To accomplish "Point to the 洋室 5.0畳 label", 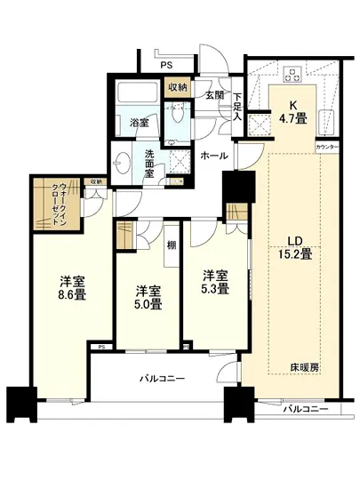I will click(x=148, y=297).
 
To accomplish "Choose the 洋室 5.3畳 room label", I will click(x=215, y=281).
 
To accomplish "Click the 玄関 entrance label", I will click(x=214, y=95).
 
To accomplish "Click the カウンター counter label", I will click(x=327, y=145).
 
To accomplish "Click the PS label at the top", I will click(x=166, y=65).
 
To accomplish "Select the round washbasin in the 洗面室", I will click(x=124, y=165).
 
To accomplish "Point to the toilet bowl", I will click(x=177, y=112).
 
